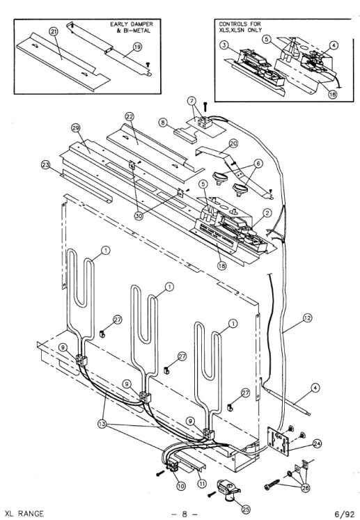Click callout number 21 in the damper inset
click(x=54, y=31)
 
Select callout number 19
click(x=137, y=47)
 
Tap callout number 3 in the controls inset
click(x=225, y=45)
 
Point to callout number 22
click(x=130, y=116)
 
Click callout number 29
click(x=77, y=128)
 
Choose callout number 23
click(x=46, y=164)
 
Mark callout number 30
click(x=139, y=216)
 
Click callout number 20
click(x=233, y=143)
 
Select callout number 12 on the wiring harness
click(x=307, y=318)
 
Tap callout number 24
click(x=318, y=443)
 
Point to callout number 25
click(x=246, y=509)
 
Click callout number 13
click(x=102, y=424)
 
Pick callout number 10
click(x=181, y=486)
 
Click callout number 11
click(x=202, y=484)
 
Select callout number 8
click(x=162, y=123)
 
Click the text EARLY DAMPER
click(x=132, y=24)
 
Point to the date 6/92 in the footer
click(x=345, y=514)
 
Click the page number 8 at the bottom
click(x=184, y=514)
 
